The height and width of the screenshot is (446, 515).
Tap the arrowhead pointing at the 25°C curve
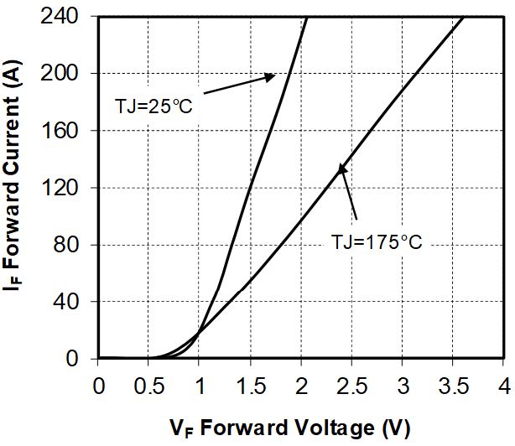271,76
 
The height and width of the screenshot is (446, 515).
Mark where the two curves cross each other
198,333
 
